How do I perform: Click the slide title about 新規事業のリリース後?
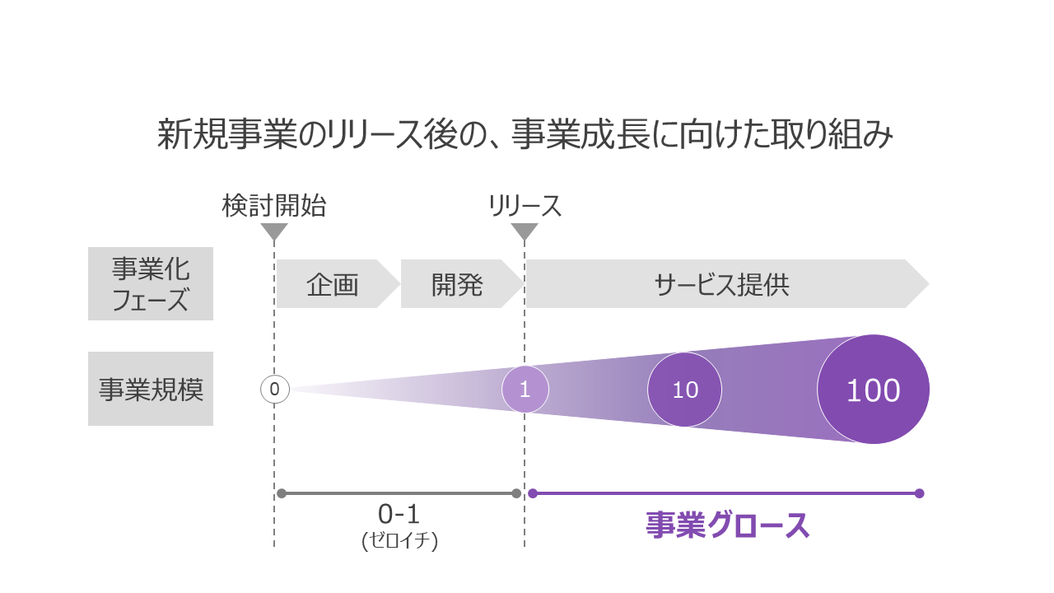tap(525, 134)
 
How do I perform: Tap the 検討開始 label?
tap(274, 206)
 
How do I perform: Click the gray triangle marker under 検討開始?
tap(274, 231)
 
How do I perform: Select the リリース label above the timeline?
tap(525, 206)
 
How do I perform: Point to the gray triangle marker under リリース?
tap(525, 231)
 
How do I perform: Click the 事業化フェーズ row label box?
tap(151, 284)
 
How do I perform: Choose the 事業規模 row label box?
tap(151, 389)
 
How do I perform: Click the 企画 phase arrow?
tap(338, 284)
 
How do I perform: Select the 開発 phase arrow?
tap(463, 284)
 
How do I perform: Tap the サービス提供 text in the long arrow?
tap(722, 285)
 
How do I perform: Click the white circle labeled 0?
tap(275, 390)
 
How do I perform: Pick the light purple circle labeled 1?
tap(525, 390)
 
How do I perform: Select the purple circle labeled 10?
tap(684, 390)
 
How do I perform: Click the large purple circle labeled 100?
tap(874, 390)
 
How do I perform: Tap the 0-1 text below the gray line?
tap(399, 514)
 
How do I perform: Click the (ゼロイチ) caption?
tap(399, 540)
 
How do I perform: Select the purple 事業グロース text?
tap(727, 525)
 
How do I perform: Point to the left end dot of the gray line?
tap(282, 493)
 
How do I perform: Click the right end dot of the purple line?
tap(920, 493)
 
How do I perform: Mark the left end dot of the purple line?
tap(533, 493)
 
